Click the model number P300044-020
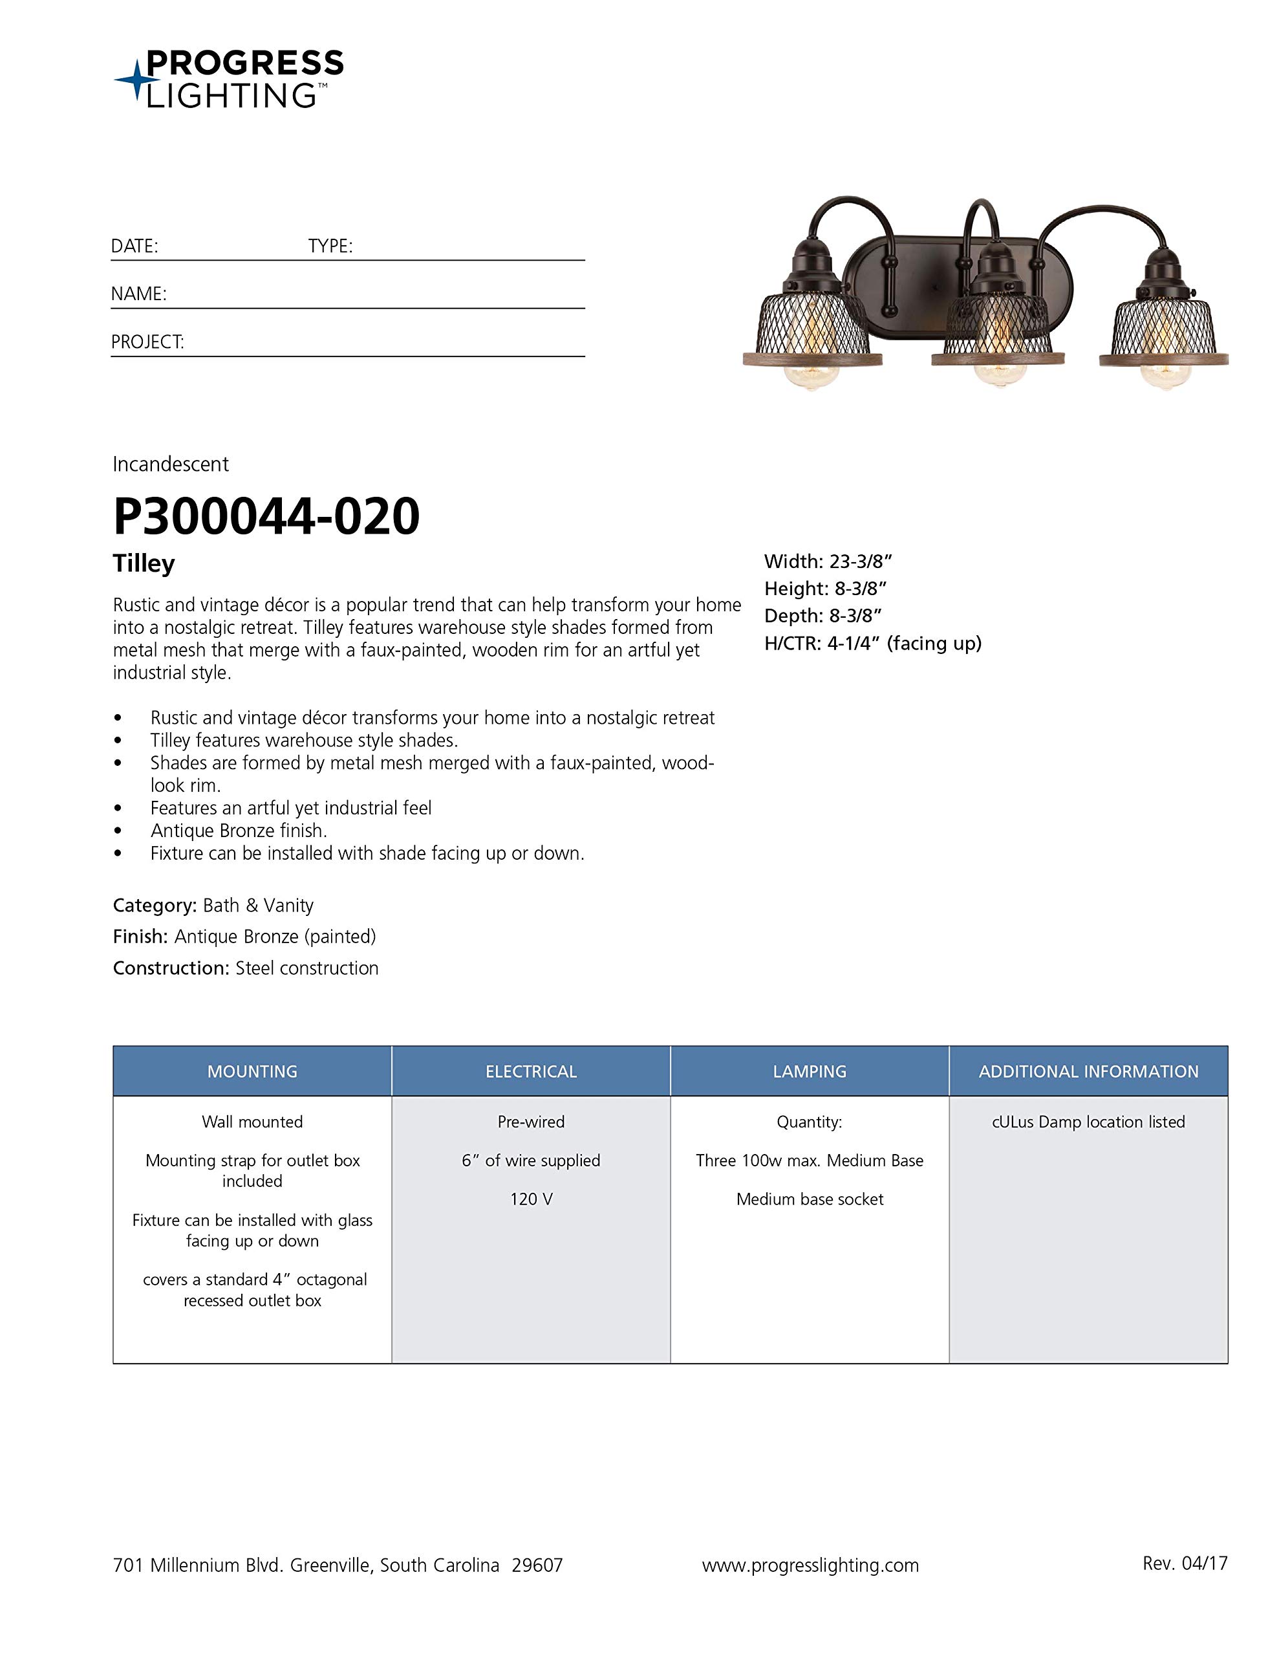coord(266,516)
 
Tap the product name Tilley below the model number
coord(144,563)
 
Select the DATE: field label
coord(134,246)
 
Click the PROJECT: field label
coord(148,342)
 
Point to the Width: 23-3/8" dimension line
coord(828,562)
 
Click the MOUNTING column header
coord(252,1071)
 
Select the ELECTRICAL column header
coord(531,1071)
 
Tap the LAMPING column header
coord(810,1071)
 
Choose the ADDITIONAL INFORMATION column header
coord(1088,1071)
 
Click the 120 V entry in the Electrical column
coord(531,1199)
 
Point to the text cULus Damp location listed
coord(1088,1122)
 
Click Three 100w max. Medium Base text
coord(810,1160)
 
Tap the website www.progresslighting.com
coord(810,1565)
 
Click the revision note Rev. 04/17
coord(1184,1563)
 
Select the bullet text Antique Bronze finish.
coord(239,831)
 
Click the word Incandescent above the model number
coord(171,464)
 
